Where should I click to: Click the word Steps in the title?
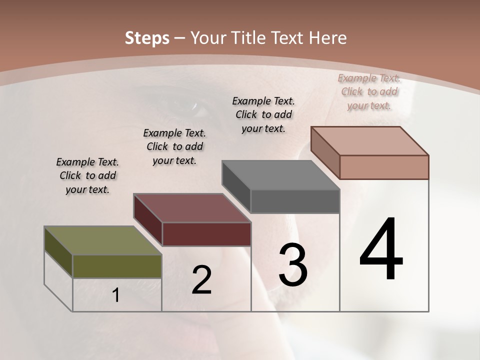pyautogui.click(x=147, y=38)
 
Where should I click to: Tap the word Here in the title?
pyautogui.click(x=328, y=38)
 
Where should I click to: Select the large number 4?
pyautogui.click(x=381, y=250)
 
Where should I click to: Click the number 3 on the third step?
pyautogui.click(x=293, y=265)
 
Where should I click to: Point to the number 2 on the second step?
pyautogui.click(x=201, y=280)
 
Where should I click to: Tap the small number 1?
pyautogui.click(x=116, y=295)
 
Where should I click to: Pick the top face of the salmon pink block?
pyautogui.click(x=370, y=141)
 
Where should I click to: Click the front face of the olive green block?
pyautogui.click(x=117, y=266)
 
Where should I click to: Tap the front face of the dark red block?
pyautogui.click(x=206, y=234)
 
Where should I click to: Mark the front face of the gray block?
pyautogui.click(x=294, y=201)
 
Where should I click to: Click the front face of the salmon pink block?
pyautogui.click(x=384, y=167)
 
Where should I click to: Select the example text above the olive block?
pyautogui.click(x=87, y=175)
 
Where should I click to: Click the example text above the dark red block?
pyautogui.click(x=174, y=146)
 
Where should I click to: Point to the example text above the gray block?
pyautogui.click(x=263, y=114)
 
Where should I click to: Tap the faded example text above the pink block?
pyautogui.click(x=369, y=91)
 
